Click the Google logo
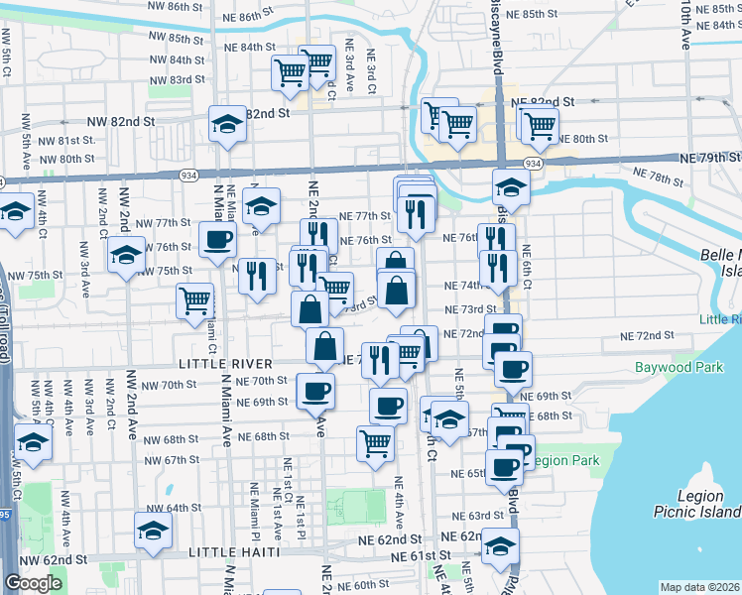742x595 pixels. click(33, 583)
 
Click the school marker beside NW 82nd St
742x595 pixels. click(227, 125)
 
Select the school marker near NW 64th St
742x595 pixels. click(153, 531)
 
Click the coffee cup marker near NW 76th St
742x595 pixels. click(217, 239)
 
